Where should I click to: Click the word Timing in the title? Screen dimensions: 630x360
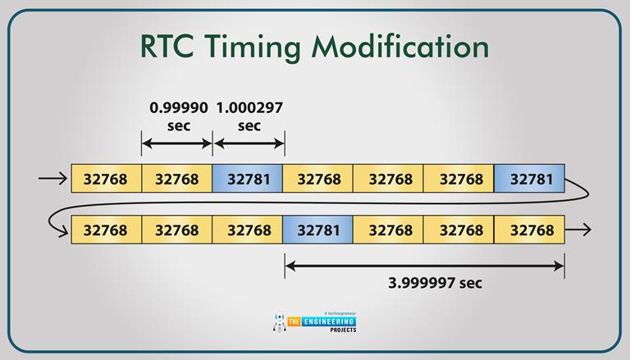pyautogui.click(x=253, y=48)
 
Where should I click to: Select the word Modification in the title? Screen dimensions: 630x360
pyautogui.click(x=400, y=45)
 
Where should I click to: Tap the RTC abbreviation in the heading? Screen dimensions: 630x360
pyautogui.click(x=167, y=46)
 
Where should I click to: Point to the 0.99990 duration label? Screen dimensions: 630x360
pyautogui.click(x=179, y=107)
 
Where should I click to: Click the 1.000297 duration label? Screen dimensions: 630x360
pyautogui.click(x=249, y=107)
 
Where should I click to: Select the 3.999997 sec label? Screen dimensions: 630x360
pyautogui.click(x=435, y=283)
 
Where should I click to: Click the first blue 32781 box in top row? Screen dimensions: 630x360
pyautogui.click(x=248, y=179)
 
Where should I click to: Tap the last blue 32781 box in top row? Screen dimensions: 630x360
pyautogui.click(x=530, y=179)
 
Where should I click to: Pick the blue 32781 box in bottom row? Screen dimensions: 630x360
pyautogui.click(x=317, y=230)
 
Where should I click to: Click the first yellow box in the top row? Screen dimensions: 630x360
pyautogui.click(x=107, y=179)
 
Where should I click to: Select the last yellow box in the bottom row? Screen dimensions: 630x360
pyautogui.click(x=530, y=230)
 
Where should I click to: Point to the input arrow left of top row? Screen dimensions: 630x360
pyautogui.click(x=52, y=179)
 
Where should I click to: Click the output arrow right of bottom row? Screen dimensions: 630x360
pyautogui.click(x=578, y=230)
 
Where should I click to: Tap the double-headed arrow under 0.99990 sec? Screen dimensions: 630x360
pyautogui.click(x=177, y=144)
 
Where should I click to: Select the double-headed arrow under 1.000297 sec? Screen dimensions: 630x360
pyautogui.click(x=249, y=144)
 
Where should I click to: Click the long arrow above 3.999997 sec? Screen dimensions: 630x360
pyautogui.click(x=425, y=266)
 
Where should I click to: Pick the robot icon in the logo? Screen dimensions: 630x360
pyautogui.click(x=280, y=321)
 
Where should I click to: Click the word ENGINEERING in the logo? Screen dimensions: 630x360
pyautogui.click(x=328, y=321)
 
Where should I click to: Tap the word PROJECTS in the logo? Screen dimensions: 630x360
pyautogui.click(x=343, y=330)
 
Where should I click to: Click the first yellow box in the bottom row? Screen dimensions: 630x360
pyautogui.click(x=107, y=230)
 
